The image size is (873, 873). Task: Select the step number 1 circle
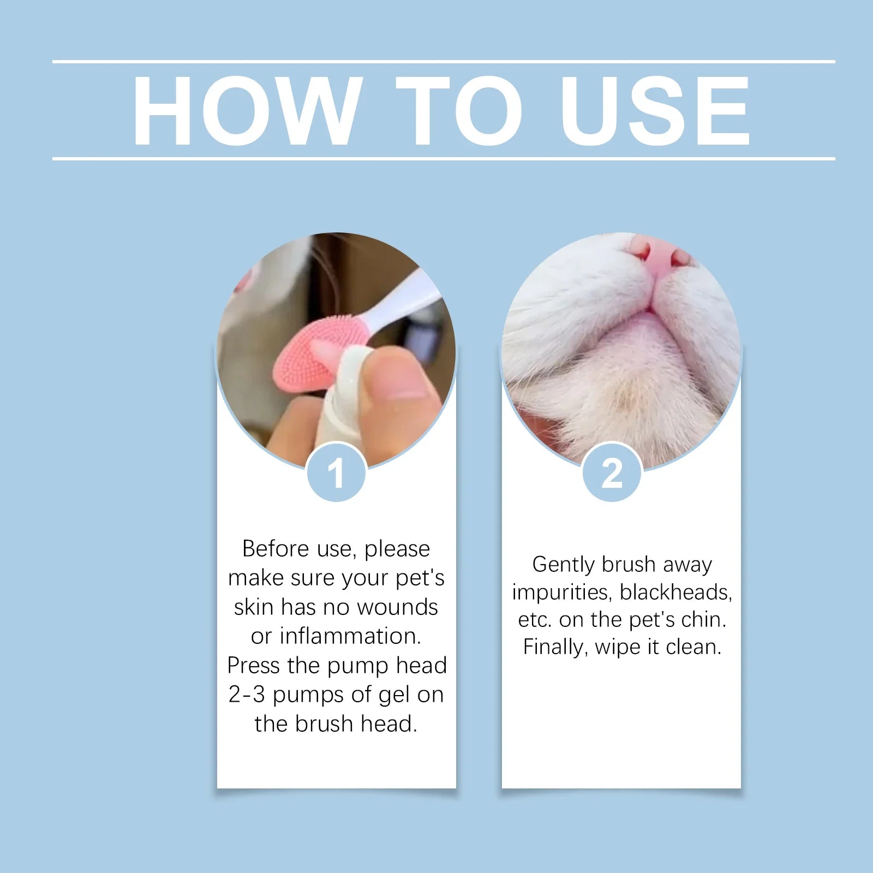coord(336,473)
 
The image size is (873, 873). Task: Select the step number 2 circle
coord(612,473)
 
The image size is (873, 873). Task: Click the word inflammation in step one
coord(349,636)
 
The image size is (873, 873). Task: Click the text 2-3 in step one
coord(247,695)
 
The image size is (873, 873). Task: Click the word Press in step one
coord(253,666)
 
